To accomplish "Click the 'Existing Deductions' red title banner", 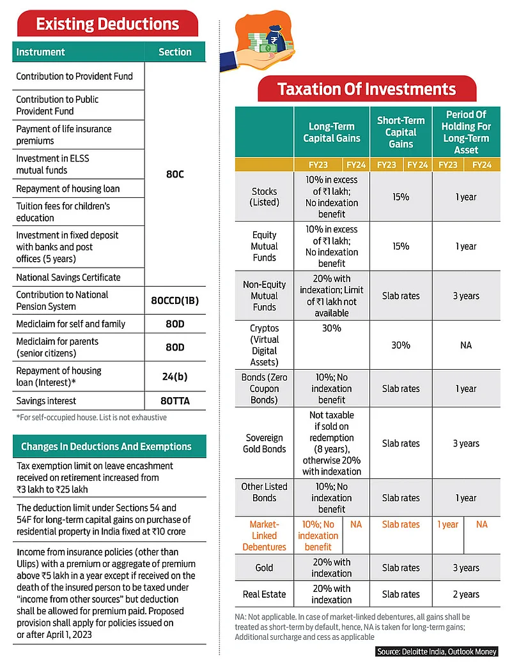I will (x=107, y=24).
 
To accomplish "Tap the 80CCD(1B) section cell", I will (x=175, y=299).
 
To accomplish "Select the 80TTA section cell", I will (x=175, y=400).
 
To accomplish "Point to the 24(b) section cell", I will (x=175, y=377).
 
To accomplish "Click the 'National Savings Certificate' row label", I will (x=68, y=277).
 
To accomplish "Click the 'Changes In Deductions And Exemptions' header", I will (x=106, y=446).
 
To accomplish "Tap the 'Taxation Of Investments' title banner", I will (x=366, y=89).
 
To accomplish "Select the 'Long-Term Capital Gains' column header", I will (x=331, y=132).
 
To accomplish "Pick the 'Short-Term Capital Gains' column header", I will (x=401, y=132).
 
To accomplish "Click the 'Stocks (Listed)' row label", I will (x=264, y=197).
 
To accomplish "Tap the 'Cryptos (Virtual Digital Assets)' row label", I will (x=264, y=345).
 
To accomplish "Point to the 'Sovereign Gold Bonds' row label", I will (x=264, y=443).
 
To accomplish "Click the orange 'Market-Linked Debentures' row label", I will (x=264, y=535).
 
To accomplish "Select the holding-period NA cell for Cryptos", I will (x=466, y=345).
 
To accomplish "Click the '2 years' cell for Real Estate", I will (x=466, y=594).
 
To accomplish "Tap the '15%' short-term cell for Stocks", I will (x=401, y=197).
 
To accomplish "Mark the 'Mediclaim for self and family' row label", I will (x=70, y=324).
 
